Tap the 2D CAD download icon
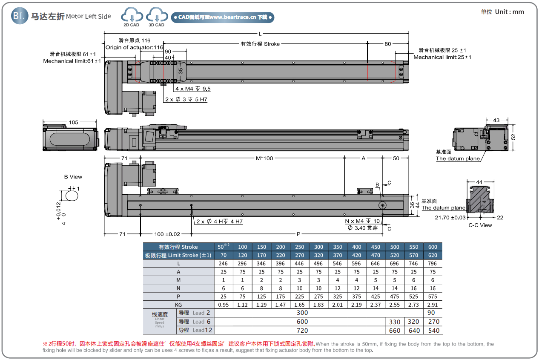[x=132, y=16]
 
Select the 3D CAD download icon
[x=157, y=16]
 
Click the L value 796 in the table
[x=433, y=264]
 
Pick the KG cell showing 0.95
[x=223, y=305]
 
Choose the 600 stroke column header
[x=433, y=247]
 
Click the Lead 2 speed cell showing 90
[x=433, y=313]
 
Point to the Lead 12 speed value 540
[x=433, y=330]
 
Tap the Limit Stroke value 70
[x=223, y=255]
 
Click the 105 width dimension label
[x=73, y=123]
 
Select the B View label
[x=73, y=177]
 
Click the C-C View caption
[x=480, y=225]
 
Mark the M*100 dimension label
[x=264, y=158]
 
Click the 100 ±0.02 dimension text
[x=167, y=234]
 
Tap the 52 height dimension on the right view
[x=513, y=137]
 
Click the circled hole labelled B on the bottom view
[x=383, y=205]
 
